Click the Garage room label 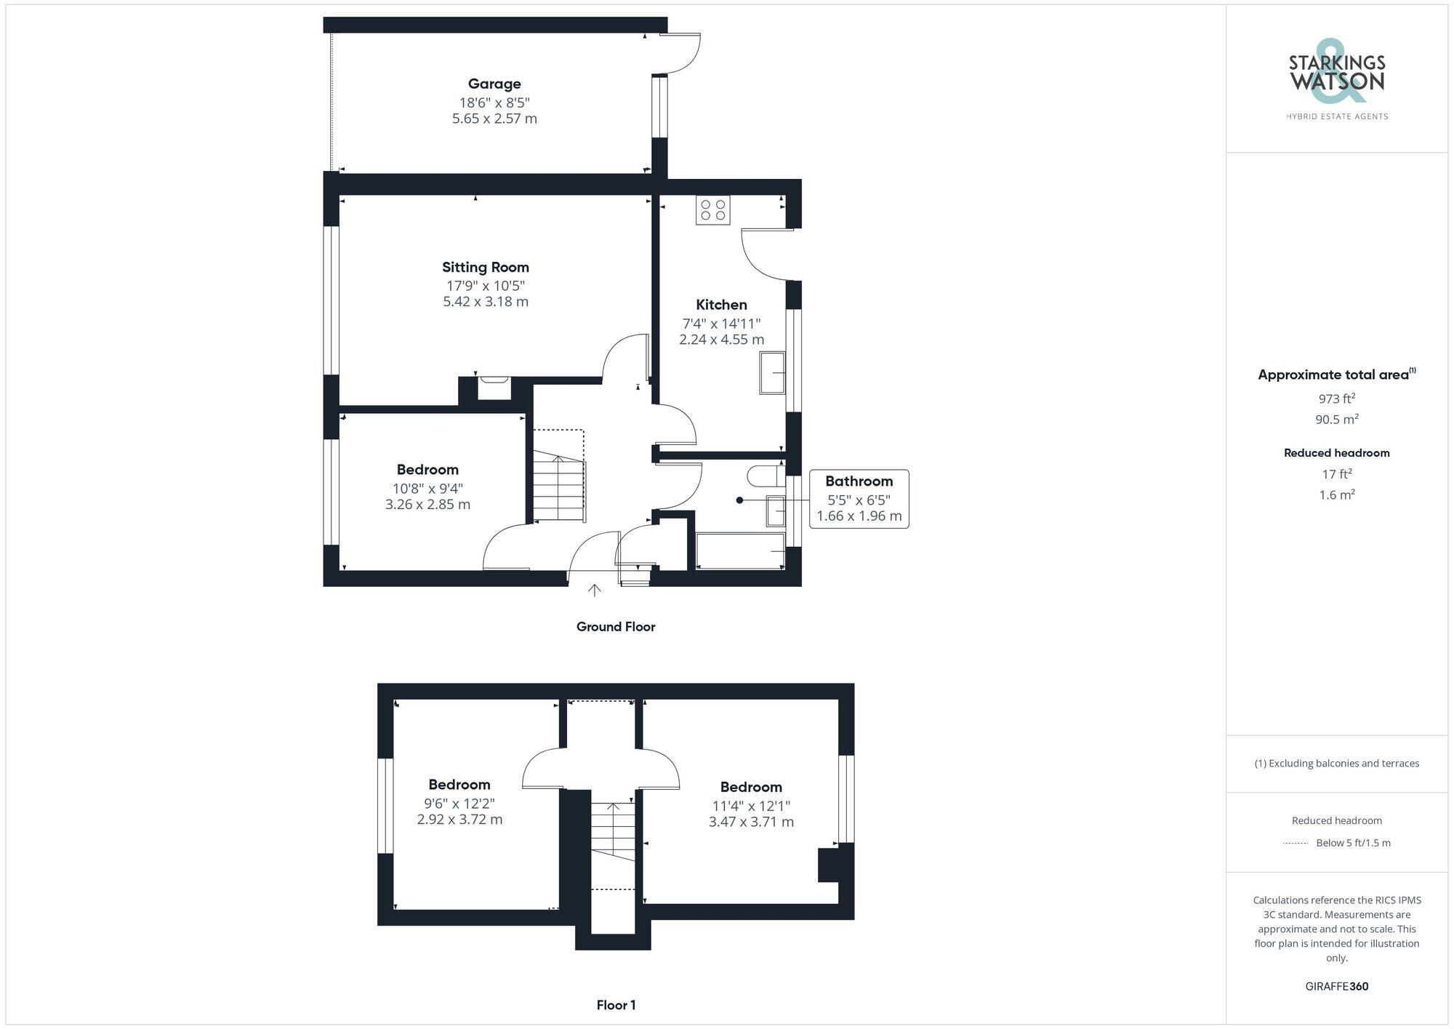494,84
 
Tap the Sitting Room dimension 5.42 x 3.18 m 486,302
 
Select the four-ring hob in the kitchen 712,210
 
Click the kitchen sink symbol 772,373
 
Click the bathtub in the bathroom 740,551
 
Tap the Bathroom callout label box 859,499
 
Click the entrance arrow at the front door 595,590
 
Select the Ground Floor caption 615,627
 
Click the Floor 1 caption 616,1005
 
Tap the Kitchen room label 721,305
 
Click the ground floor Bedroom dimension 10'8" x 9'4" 427,488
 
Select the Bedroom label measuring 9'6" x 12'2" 459,785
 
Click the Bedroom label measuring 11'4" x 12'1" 751,787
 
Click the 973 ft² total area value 1336,399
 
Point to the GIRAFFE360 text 1336,987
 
